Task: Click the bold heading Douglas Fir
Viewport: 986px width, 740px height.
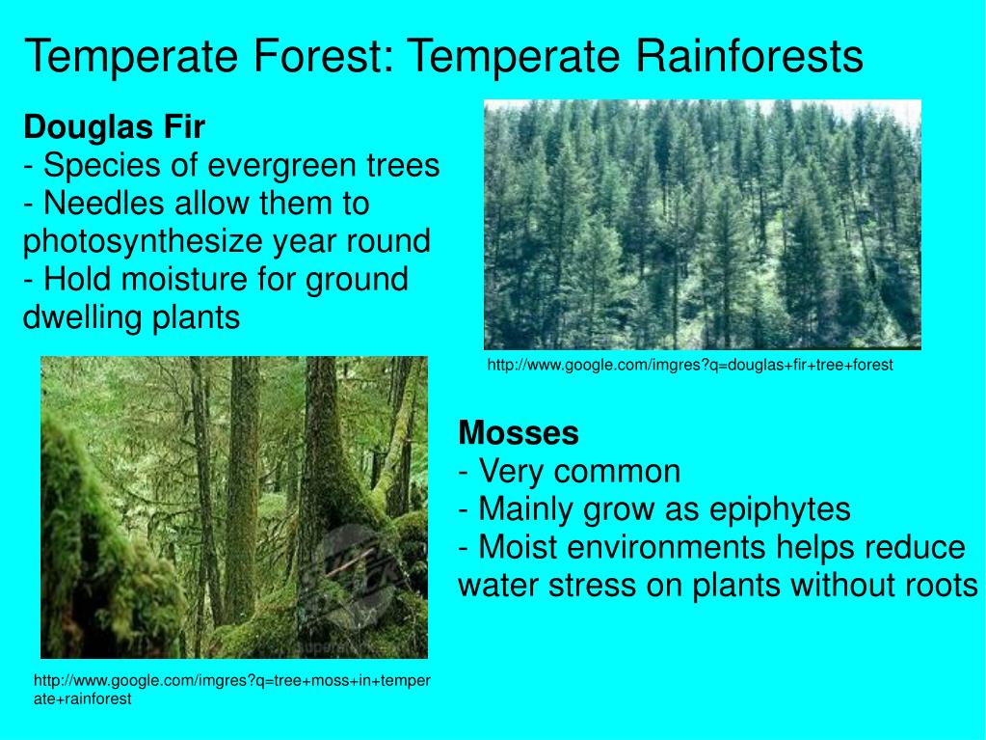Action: click(x=115, y=127)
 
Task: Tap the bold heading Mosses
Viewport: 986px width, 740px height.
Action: click(x=519, y=433)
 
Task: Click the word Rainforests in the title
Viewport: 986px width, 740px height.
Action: click(x=749, y=56)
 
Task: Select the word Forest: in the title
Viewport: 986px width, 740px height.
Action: click(x=323, y=56)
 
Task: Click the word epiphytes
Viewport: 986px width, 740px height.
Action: click(x=780, y=510)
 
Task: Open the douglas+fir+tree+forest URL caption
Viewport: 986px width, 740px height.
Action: click(x=690, y=365)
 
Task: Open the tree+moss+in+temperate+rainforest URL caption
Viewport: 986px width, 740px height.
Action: click(x=232, y=690)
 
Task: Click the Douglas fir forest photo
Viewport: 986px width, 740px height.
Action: click(x=703, y=225)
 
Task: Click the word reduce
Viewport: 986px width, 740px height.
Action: click(x=915, y=547)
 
